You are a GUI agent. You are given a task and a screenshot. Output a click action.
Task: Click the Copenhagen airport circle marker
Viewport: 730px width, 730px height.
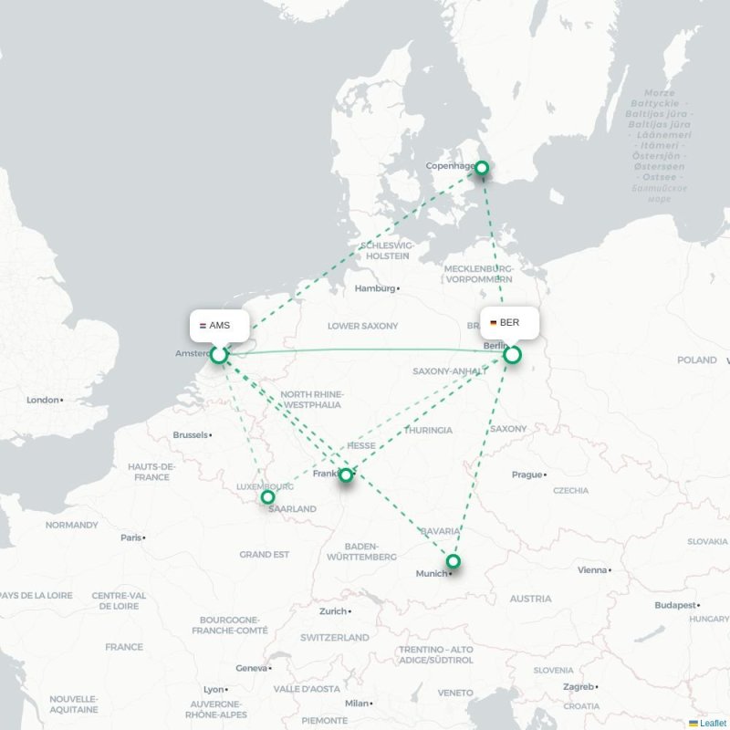482,168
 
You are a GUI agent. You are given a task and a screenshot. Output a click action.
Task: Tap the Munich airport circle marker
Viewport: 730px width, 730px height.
453,561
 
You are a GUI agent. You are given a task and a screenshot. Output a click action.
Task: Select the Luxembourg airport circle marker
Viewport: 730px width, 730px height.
267,497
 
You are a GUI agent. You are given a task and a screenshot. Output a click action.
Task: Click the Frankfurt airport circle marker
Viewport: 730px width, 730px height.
346,474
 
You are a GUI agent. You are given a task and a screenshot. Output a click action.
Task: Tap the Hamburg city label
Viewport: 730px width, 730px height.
374,288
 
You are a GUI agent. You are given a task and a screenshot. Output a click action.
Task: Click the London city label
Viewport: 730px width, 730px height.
43,400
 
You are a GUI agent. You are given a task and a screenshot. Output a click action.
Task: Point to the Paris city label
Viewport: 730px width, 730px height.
131,537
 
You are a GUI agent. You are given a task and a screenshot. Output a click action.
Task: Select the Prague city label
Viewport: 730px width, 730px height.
527,474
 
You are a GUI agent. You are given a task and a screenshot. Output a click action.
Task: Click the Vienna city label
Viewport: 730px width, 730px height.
592,570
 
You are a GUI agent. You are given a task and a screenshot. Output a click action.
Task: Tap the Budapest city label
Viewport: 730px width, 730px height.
675,605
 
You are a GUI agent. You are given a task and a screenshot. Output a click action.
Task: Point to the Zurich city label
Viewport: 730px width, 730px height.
332,611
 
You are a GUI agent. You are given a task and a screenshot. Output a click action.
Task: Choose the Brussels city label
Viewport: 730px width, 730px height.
190,435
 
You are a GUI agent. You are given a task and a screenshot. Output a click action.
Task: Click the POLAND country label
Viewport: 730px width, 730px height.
697,360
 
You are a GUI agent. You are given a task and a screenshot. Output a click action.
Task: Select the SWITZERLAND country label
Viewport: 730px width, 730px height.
335,637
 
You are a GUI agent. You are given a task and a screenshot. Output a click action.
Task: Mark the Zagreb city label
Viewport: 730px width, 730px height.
579,686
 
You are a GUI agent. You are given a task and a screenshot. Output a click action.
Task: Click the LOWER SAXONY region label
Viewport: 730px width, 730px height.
363,326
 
